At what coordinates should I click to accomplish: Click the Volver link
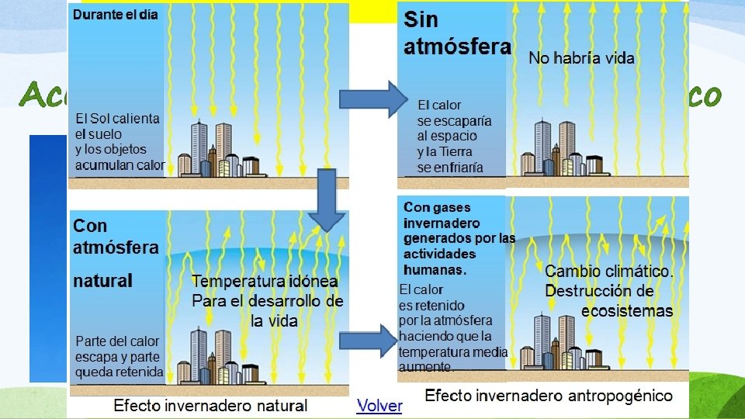379,405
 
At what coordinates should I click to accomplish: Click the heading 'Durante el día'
116,16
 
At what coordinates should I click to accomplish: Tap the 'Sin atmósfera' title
456,33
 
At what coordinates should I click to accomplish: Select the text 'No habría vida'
581,57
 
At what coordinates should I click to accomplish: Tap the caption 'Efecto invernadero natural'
210,405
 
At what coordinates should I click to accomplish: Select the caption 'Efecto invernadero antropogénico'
549,396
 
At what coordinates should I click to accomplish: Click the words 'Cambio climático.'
609,272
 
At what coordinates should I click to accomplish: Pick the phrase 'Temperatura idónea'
265,281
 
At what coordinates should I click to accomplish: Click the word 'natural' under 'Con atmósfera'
102,280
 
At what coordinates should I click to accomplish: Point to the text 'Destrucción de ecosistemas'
609,301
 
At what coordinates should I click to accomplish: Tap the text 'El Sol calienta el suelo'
117,126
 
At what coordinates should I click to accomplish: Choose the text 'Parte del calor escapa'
117,348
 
